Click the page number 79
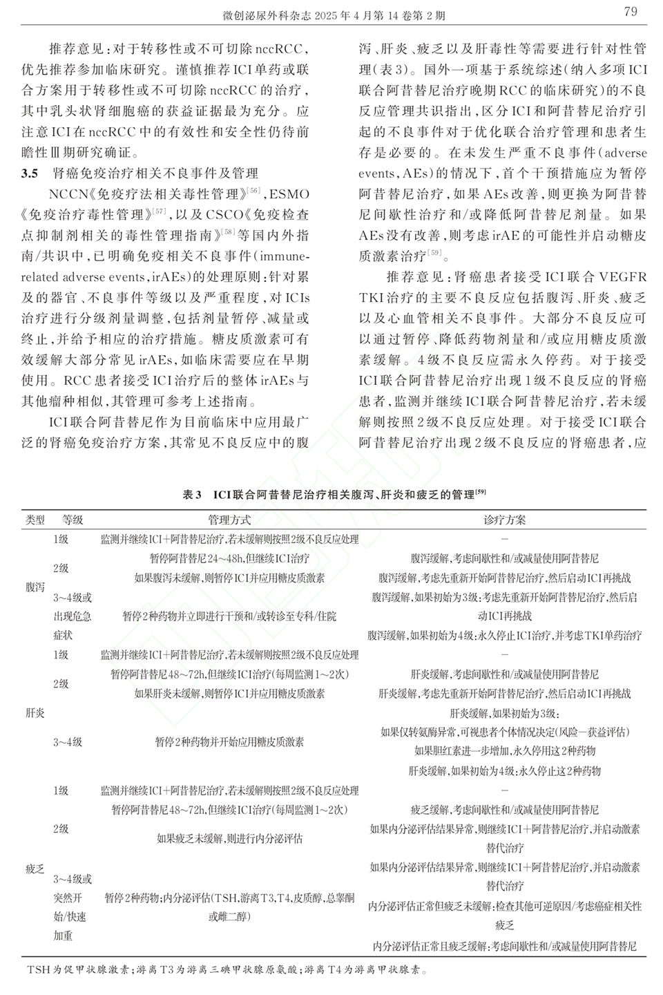click(x=630, y=11)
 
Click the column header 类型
click(x=35, y=520)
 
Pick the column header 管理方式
click(x=229, y=520)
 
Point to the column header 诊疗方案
click(x=504, y=520)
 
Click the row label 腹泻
click(x=35, y=587)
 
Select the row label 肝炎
click(x=35, y=712)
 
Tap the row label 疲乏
click(x=35, y=869)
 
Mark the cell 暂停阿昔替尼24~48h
click(x=229, y=558)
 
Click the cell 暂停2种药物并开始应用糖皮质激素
click(x=229, y=742)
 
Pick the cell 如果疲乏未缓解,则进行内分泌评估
click(x=229, y=839)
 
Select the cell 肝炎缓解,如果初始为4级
click(x=504, y=771)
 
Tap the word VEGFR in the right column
click(x=623, y=277)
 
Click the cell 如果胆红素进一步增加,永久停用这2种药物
click(x=504, y=751)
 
